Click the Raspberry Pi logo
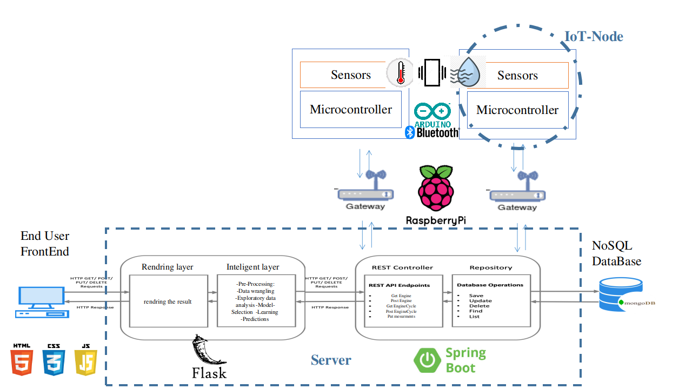point(436,188)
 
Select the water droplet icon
point(468,72)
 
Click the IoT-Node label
point(594,37)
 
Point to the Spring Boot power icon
point(427,360)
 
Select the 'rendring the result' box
point(168,301)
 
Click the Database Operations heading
point(490,285)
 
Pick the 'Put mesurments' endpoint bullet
point(401,317)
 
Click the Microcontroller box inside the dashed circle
point(517,110)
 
